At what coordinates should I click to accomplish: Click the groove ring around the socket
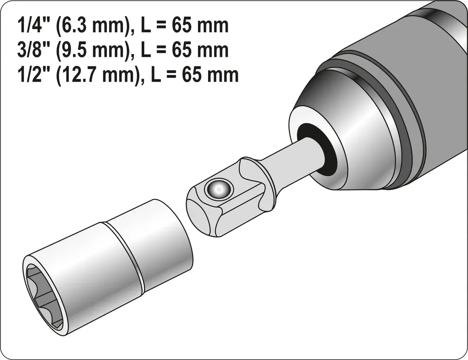tap(123, 255)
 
